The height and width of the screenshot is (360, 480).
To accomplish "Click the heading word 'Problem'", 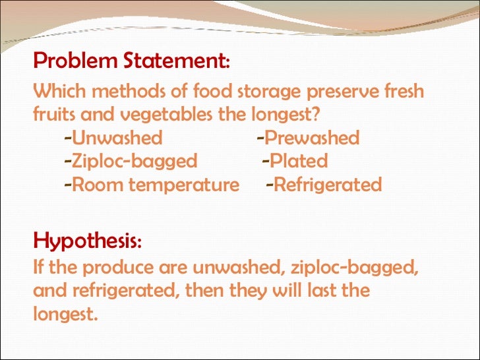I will coord(75,62).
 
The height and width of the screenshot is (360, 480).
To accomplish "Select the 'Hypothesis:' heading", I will coord(87,240).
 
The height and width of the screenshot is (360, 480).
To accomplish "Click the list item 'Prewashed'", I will coord(313,138).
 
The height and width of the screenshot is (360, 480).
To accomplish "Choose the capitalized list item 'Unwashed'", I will coord(117,138).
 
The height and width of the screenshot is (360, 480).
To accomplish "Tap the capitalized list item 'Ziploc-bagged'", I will coord(135,162).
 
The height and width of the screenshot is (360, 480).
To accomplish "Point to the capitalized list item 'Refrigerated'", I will coord(328,185).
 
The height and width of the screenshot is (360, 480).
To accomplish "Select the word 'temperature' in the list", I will coord(184,185).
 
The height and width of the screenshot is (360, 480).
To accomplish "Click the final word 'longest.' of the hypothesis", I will coord(65,315).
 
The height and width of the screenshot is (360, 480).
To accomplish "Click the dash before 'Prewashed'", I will coord(260,138).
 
